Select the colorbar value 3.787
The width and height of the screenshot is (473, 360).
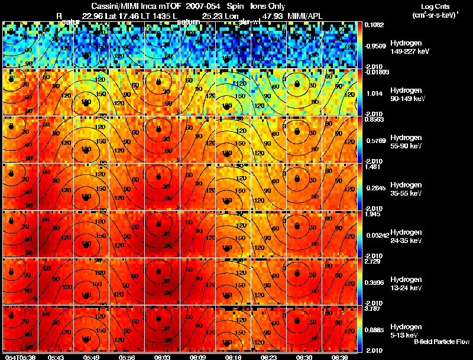click(373, 308)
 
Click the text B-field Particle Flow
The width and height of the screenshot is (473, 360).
click(441, 342)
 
